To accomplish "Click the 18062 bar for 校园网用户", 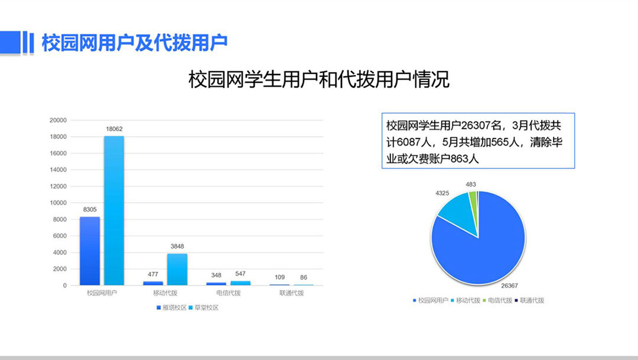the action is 114,210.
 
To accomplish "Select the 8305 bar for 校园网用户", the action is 90,251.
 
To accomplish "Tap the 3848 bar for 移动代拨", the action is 177,270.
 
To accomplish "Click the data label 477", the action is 153,274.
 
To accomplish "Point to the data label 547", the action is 240,274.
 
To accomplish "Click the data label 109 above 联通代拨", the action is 279,277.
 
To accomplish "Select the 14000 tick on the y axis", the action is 58,170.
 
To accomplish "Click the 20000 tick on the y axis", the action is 58,120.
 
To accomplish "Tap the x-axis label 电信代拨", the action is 228,293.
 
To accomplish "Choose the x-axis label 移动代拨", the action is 165,293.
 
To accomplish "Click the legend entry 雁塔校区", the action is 172,308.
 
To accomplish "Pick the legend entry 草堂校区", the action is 204,308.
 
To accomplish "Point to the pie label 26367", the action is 509,286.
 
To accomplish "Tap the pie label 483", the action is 471,184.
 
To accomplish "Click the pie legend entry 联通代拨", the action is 529,300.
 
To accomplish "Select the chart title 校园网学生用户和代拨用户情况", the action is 319,79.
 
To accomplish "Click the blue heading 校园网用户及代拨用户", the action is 135,43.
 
